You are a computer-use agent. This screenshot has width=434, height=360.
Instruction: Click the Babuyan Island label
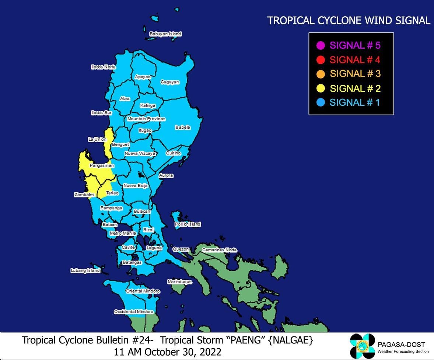click(165, 34)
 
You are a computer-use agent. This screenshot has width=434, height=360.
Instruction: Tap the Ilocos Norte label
click(103, 67)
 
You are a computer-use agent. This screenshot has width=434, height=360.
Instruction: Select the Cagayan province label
click(170, 82)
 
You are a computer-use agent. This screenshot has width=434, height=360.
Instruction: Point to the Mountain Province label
click(146, 119)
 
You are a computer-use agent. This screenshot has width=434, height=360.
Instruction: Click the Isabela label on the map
click(182, 127)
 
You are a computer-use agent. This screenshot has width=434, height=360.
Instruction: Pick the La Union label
click(97, 139)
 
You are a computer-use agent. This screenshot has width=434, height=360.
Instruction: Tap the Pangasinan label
click(102, 166)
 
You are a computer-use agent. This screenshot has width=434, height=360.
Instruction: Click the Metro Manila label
click(123, 233)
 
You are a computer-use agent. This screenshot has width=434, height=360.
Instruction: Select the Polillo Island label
click(188, 224)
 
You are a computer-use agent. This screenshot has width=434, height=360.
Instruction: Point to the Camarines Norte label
click(219, 250)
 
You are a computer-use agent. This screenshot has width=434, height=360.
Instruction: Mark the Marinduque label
click(180, 282)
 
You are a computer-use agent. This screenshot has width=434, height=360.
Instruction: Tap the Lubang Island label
click(85, 270)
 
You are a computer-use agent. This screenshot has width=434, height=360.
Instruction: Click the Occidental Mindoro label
click(133, 312)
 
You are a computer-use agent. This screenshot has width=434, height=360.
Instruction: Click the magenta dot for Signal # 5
click(321, 46)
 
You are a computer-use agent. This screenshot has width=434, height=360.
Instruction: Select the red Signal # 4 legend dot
click(321, 60)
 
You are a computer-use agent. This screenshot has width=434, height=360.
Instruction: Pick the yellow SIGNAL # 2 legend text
click(355, 88)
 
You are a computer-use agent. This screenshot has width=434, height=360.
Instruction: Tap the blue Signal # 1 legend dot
click(321, 102)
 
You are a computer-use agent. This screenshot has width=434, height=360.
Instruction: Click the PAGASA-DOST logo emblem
click(362, 346)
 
